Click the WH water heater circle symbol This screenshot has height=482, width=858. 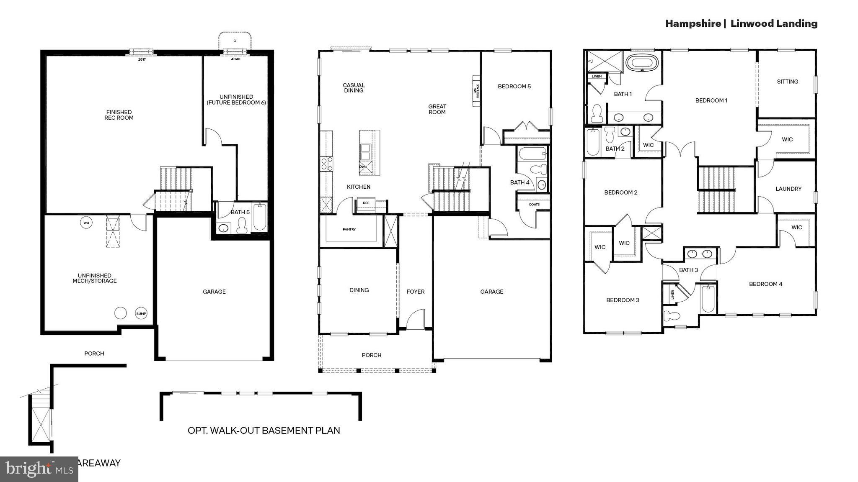coord(86,223)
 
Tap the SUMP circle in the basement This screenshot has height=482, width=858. coord(141,313)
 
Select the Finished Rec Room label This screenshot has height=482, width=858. coord(119,115)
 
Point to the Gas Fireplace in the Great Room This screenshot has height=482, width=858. coord(476,91)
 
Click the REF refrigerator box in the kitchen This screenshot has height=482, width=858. coord(366,203)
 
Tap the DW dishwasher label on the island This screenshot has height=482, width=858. coord(362,167)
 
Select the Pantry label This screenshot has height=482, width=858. coord(349,229)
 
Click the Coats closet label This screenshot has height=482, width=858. coord(534,205)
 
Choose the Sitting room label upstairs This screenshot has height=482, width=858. coord(787,82)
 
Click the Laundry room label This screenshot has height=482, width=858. coord(788,189)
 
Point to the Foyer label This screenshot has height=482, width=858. coord(415,292)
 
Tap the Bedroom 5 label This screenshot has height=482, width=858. coord(514,87)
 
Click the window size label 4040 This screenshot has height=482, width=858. coord(235,59)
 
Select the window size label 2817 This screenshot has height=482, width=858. coord(142,59)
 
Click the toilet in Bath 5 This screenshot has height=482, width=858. coord(242,226)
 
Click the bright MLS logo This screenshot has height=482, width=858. coord(39,469)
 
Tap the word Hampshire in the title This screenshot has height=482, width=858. coord(693,24)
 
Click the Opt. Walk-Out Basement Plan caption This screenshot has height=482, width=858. coord(264,431)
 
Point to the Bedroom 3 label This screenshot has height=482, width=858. coord(623,300)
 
